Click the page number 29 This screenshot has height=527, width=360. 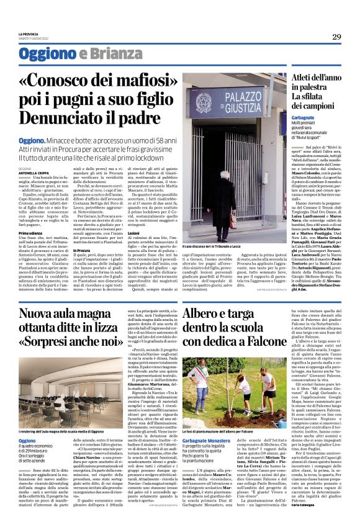pyautogui.click(x=336, y=37)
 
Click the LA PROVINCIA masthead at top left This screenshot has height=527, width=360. pyautogui.click(x=29, y=34)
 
